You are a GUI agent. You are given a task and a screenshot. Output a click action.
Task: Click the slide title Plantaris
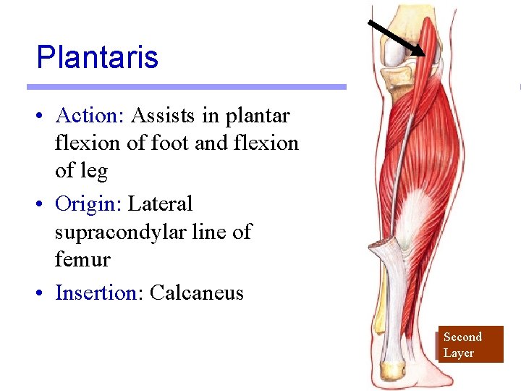[x=97, y=57]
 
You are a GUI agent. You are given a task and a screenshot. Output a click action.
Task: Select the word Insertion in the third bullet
[x=96, y=293]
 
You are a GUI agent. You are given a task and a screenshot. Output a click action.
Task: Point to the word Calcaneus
[x=196, y=293]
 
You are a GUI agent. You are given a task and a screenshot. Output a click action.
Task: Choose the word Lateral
[x=160, y=204]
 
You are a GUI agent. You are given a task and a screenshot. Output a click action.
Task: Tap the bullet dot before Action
[x=45, y=117]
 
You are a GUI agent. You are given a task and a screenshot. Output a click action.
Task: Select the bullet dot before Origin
[x=45, y=205]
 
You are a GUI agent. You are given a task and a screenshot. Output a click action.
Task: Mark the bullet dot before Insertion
[x=45, y=294]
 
